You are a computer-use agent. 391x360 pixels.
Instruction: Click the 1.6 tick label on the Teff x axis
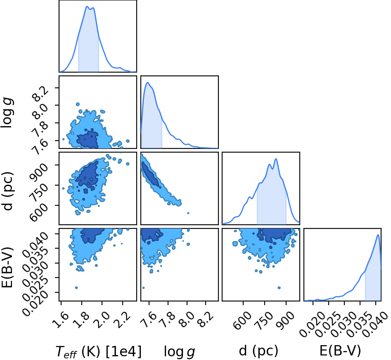(62, 316)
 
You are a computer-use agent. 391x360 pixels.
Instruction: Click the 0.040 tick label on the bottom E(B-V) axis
(375, 323)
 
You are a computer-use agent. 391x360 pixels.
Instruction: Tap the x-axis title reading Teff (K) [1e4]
(99, 351)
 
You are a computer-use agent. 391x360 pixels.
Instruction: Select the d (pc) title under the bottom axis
(258, 351)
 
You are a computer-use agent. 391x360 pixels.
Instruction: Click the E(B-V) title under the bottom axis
(340, 351)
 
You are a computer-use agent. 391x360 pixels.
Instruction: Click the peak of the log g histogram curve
(148, 82)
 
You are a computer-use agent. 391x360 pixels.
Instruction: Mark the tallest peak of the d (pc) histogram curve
(276, 159)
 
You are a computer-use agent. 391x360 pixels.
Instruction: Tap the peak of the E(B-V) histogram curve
(378, 235)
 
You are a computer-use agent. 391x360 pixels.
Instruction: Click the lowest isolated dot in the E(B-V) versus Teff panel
(76, 288)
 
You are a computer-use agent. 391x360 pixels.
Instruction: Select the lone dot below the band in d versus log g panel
(188, 213)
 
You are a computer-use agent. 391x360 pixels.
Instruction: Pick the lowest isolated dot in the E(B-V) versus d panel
(279, 288)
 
